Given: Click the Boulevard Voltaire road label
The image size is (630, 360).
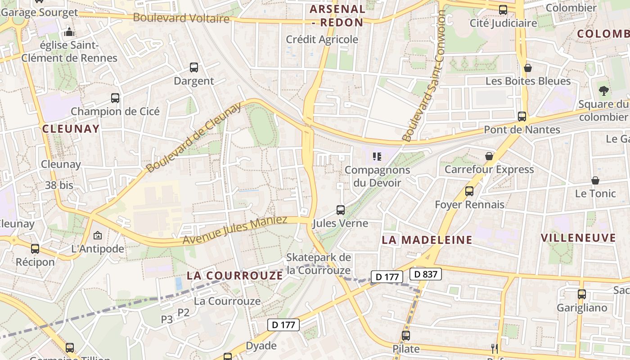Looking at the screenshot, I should point(181,18).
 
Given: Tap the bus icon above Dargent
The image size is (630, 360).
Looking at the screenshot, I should point(194,67).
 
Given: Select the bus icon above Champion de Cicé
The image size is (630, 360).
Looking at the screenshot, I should point(115,98).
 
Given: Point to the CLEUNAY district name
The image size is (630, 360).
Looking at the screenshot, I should point(71,129).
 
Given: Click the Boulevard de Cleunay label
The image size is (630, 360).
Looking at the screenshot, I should point(194,137).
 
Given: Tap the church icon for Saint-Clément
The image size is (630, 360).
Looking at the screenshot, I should point(69,32).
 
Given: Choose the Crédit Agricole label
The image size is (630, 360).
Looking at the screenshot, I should point(322,40).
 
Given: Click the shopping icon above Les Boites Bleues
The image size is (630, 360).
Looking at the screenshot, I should point(528,68).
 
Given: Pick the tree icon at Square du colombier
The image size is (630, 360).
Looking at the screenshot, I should point(603,90).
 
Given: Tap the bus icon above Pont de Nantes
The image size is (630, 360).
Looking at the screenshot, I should point(522,116).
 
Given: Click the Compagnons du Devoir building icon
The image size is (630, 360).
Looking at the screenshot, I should point(377,157).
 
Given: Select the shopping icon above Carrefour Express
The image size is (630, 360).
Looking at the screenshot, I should point(489,156).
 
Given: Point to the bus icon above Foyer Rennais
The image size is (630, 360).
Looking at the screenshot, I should point(469,191).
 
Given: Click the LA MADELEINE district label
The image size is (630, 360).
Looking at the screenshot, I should point(427,240).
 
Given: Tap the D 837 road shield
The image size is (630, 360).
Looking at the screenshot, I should point(426,274).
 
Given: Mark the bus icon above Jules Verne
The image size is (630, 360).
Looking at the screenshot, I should point(341,210).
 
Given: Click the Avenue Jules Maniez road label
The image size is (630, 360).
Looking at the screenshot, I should point(234,230).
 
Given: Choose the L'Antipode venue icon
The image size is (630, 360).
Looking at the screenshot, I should point(97,235).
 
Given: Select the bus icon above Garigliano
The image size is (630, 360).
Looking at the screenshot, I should point(582,294).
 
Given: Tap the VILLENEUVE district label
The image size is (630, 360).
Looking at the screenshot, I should point(578,238).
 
